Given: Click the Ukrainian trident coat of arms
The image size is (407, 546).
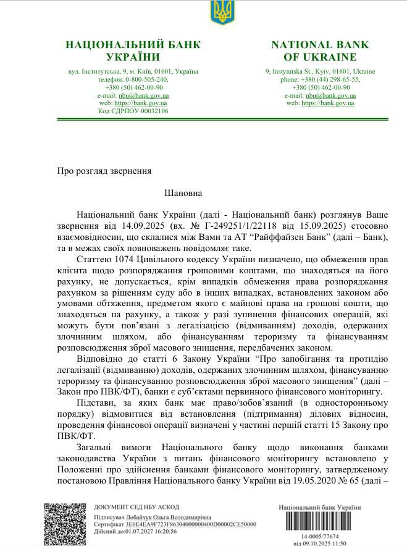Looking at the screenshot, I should [220, 13].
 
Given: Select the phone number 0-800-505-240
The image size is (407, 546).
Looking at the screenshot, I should [146, 80].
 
